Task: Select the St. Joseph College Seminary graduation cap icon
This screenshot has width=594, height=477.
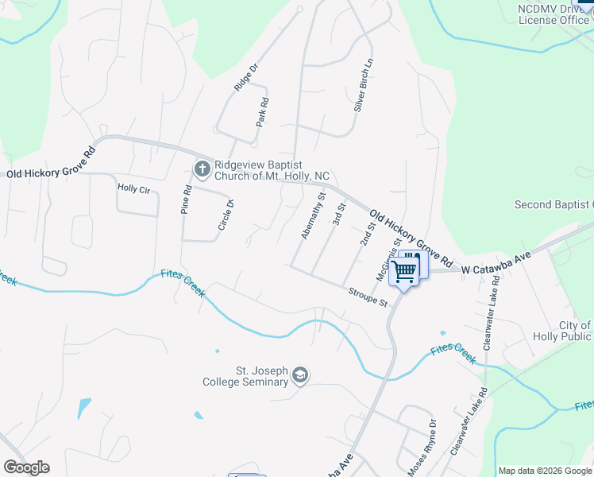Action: [x=300, y=374]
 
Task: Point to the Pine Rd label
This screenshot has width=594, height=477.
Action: [x=187, y=200]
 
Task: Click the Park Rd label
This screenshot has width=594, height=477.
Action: [x=263, y=112]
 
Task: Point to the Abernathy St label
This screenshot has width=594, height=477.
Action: [x=314, y=215]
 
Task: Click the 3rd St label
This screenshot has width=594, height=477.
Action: [x=340, y=214]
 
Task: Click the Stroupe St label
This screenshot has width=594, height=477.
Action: [x=367, y=298]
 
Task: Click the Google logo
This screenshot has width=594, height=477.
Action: [x=26, y=467]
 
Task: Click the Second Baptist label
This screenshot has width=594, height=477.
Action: [x=553, y=204]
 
